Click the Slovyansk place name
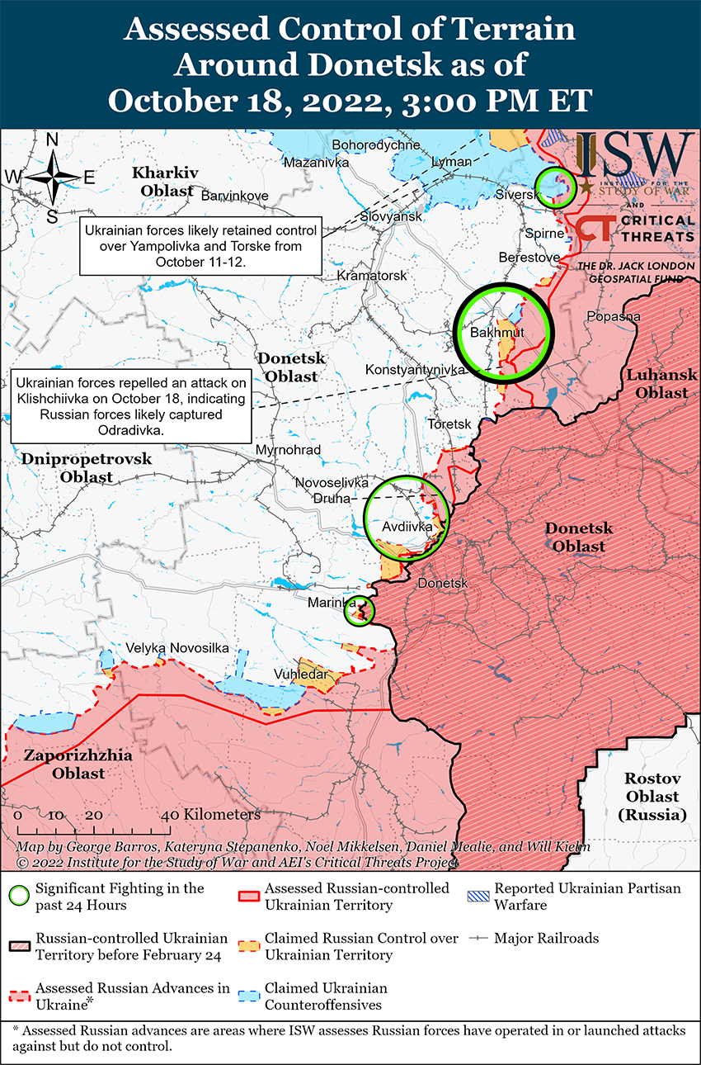391,216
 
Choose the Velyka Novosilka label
177,648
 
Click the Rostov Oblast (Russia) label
652,796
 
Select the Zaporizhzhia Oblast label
65,764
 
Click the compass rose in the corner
52,177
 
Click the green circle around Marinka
360,610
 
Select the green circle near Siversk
555,186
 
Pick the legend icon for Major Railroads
480,939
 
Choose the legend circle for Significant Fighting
21,895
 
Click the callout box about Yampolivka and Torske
200,246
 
